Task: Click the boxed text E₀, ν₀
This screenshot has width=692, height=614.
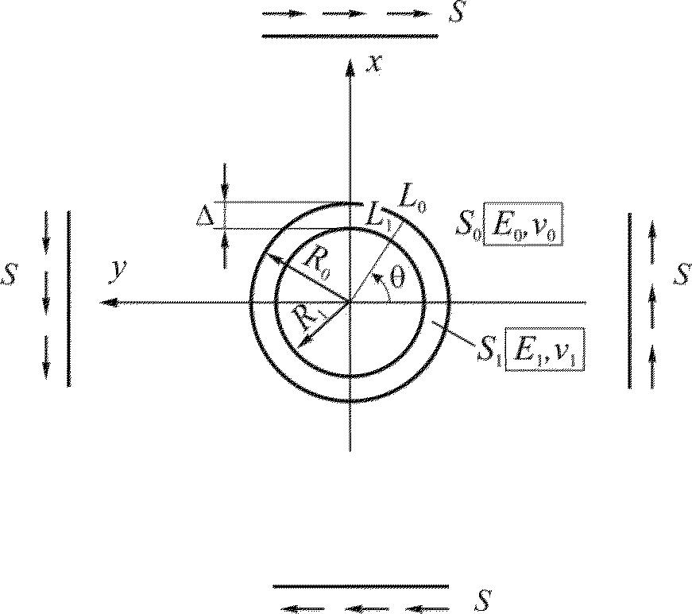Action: coord(524,230)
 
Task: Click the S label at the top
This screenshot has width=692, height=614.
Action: coord(456,14)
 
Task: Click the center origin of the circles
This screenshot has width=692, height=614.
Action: coord(350,302)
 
